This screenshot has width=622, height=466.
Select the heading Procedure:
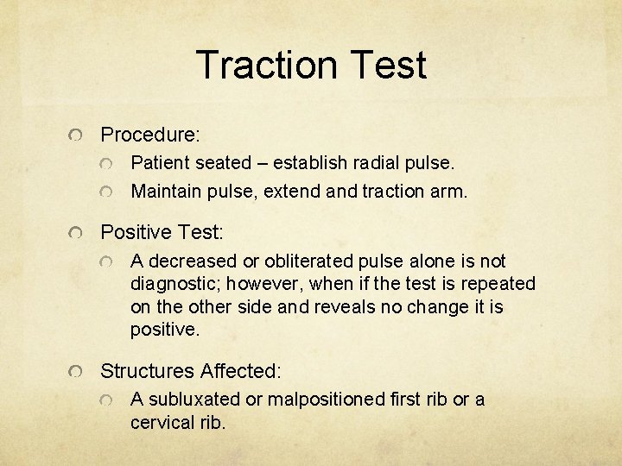click(150, 135)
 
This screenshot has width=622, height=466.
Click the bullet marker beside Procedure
click(76, 135)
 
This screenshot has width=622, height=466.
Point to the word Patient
click(158, 161)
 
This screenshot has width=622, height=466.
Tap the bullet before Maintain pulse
click(105, 192)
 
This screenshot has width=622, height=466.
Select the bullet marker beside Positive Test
click(76, 233)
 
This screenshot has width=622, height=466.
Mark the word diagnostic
click(168, 283)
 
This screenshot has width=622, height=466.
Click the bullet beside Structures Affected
click(76, 372)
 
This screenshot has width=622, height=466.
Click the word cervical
click(160, 422)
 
